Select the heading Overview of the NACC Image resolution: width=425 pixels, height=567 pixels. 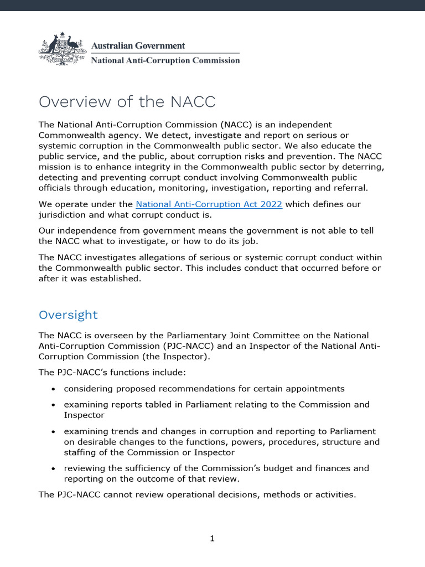pos(127,102)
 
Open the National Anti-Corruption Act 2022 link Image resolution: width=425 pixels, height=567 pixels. pos(209,204)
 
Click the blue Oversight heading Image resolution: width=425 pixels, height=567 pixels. pos(68,315)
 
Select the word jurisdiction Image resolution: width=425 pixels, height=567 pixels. pos(63,215)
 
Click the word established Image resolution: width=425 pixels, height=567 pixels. pos(117,279)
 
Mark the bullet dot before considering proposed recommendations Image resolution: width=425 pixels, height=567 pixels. pos(53,389)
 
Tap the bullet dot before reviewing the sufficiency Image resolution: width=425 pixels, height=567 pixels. pos(53,468)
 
